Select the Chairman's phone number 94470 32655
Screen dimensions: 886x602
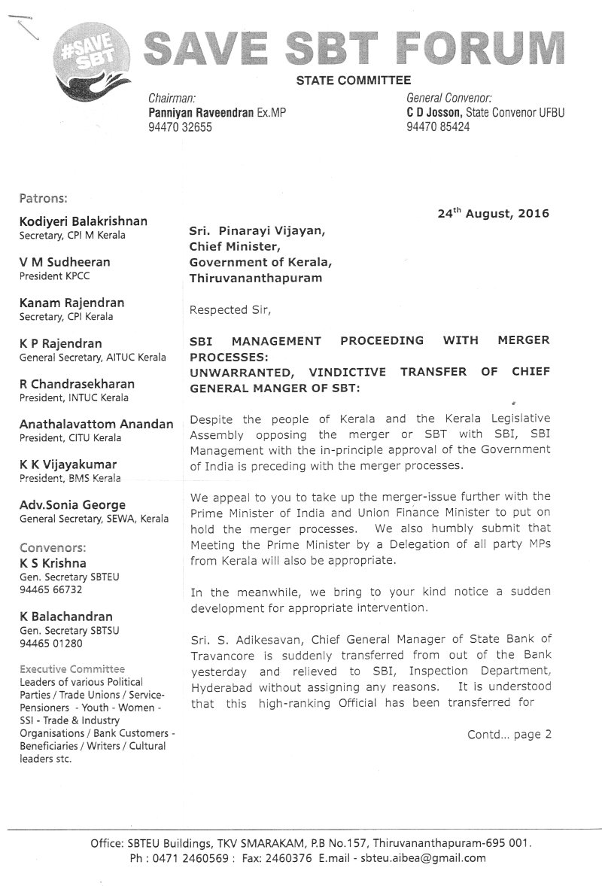click(x=181, y=127)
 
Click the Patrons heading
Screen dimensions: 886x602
click(x=44, y=199)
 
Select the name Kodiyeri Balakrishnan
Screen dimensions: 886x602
click(x=83, y=221)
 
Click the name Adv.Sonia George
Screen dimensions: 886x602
click(x=72, y=505)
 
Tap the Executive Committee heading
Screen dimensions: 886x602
click(x=72, y=668)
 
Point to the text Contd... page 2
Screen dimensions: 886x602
click(x=509, y=734)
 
